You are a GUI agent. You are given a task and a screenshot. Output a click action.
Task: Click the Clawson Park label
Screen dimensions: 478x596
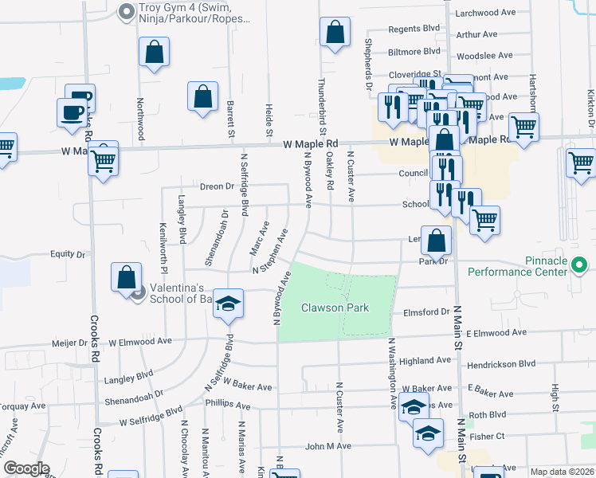coord(335,308)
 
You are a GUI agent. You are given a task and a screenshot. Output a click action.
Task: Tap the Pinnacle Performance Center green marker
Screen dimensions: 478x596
coord(579,264)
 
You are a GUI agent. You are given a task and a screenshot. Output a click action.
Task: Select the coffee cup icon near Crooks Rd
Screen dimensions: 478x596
coord(71,112)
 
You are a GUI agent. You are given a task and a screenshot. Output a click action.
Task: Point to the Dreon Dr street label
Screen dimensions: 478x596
coord(217,186)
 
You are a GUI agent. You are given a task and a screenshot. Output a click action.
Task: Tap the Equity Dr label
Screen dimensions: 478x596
coord(68,255)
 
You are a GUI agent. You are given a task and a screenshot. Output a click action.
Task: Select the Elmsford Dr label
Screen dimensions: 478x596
coord(427,313)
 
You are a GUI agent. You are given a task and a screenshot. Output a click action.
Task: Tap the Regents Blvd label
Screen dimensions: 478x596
coord(414,29)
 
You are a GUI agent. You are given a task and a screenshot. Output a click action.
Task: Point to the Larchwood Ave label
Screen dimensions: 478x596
coord(482,14)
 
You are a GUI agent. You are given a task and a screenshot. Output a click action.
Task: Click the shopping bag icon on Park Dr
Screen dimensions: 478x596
coord(437,241)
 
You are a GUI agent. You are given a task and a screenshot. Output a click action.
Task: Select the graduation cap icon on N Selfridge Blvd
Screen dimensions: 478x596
coord(228,304)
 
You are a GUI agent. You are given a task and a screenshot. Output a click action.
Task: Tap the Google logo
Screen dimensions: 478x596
coord(26,468)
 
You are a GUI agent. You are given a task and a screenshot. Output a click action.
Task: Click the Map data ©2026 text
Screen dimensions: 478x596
coord(561,472)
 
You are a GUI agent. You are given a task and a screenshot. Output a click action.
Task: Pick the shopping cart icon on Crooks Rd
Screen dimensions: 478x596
coord(104,160)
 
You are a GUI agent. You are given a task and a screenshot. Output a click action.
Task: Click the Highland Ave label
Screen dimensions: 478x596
coord(425,361)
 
